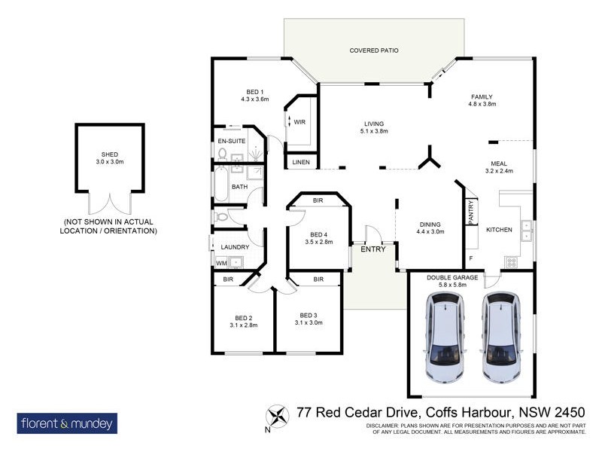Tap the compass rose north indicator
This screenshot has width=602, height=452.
coord(278,417)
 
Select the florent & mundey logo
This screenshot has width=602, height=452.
coord(67,423)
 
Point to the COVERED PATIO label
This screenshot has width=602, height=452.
coord(373,50)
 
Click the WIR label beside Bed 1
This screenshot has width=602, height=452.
coord(299,121)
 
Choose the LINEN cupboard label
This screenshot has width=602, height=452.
coord(299,161)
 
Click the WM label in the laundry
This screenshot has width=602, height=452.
coord(221,263)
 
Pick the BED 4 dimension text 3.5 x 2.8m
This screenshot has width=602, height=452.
coord(319,243)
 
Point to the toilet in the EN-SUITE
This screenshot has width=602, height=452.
coord(221,154)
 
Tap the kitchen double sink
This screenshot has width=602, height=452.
coord(527,230)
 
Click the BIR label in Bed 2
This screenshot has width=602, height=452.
coord(228,279)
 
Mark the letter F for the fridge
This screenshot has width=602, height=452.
coord(471,258)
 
